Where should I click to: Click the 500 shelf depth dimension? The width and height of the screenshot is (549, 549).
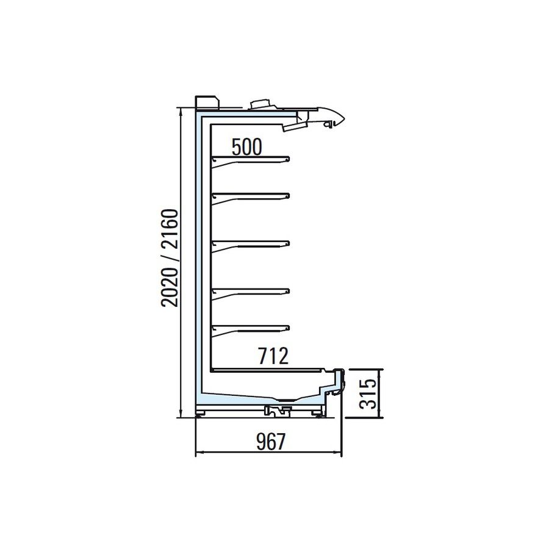coord(247,147)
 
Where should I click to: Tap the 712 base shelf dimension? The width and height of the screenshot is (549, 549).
coord(273,356)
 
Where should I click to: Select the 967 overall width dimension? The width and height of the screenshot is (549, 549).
coord(271,442)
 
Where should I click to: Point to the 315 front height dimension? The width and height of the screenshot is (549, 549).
coord(368,393)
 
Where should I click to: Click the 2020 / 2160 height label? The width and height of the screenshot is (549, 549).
coord(170,257)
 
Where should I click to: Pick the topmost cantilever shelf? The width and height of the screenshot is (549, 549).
coord(251,161)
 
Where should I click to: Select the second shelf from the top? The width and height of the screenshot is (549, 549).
coord(251,197)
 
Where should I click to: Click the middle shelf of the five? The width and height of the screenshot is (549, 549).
coord(251,245)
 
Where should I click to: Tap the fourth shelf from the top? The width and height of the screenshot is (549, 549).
coord(251,293)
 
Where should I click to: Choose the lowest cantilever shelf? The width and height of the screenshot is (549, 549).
coord(251,329)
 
